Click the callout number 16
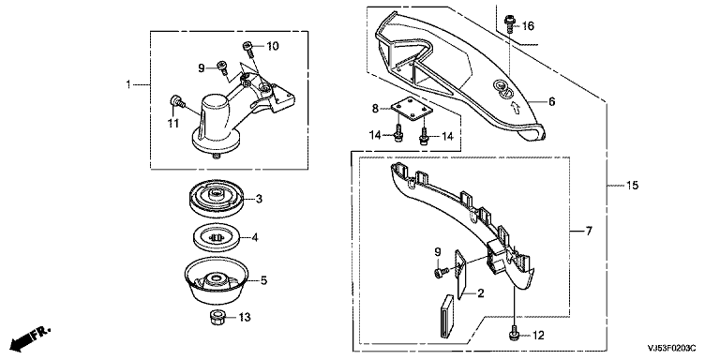tap(528, 26)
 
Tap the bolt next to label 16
tap(509, 23)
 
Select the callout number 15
tap(632, 186)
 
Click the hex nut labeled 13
tap(217, 317)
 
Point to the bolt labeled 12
tap(516, 335)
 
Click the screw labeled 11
tap(177, 100)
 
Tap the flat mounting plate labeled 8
tap(412, 110)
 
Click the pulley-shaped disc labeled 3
tap(217, 198)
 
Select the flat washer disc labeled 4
tap(216, 238)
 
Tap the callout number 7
tap(589, 231)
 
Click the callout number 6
tap(551, 101)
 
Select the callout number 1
tap(128, 84)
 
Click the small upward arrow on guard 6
tap(516, 108)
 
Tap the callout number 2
tap(481, 292)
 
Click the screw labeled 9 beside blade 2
tap(439, 272)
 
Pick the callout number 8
tap(375, 109)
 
